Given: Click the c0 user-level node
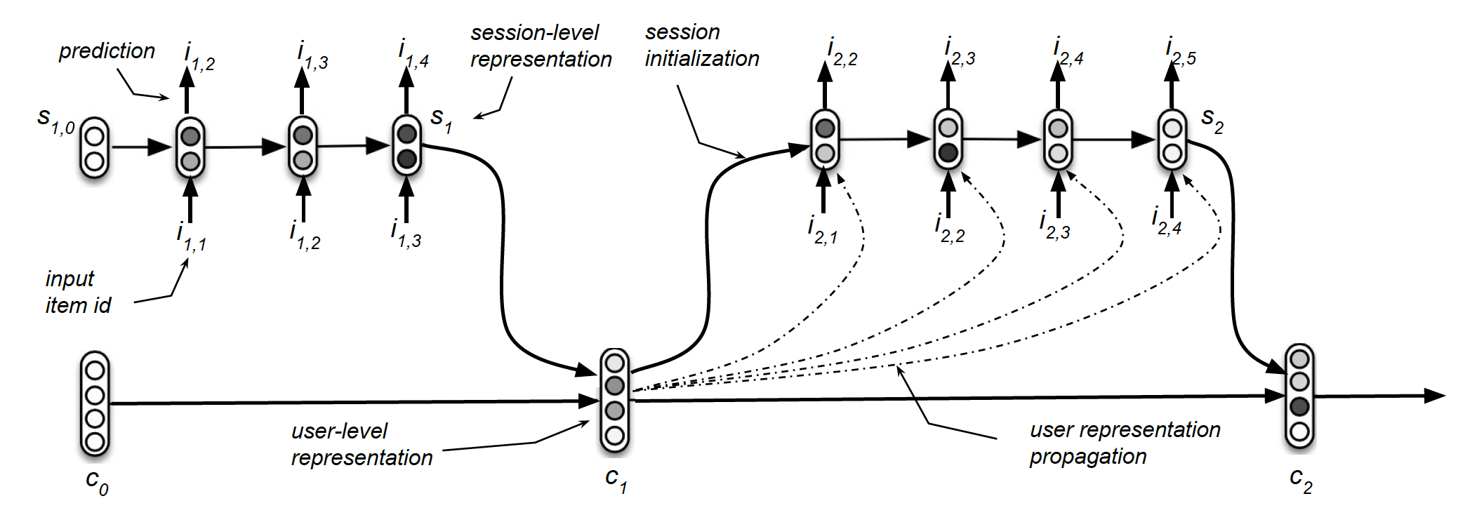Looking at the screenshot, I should pos(94,405).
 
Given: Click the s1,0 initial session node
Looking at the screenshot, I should pos(94,148).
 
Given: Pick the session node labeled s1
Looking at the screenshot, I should pos(406,146).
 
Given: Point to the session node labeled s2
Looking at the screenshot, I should pos(1172,140).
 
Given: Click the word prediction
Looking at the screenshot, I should pos(107,51).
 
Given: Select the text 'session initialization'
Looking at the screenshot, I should pos(701,46).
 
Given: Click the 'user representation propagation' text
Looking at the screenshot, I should pos(1124,443).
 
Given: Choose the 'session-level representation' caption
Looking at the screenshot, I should pos(541,46).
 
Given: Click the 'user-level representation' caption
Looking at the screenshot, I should pos(362,444).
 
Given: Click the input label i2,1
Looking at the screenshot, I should pos(822,230).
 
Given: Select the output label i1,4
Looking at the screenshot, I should pos(413,54).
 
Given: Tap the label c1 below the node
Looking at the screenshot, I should pos(616,481).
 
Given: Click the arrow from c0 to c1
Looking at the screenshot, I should pos(351,403).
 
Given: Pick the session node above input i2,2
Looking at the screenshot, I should pos(948,140).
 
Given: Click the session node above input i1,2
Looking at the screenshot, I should pos(303,147).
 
